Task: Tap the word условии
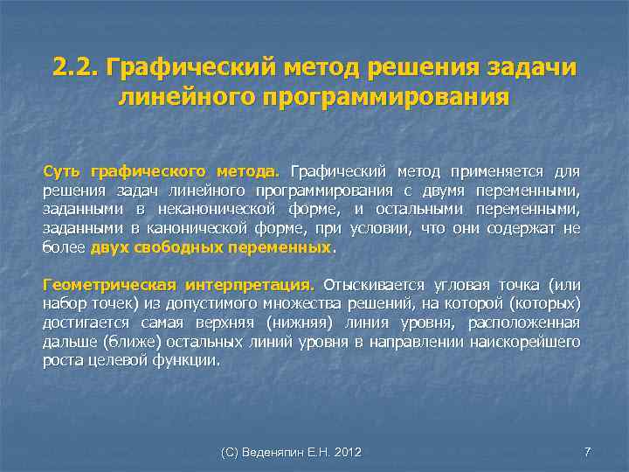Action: coord(373,228)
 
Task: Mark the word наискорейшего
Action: coord(532,343)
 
